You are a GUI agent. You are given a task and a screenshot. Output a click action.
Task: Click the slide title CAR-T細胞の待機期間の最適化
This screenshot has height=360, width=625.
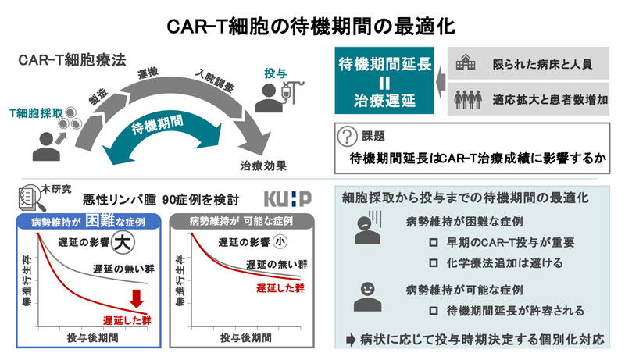pos(312,25)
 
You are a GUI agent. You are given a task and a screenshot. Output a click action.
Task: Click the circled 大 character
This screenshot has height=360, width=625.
pos(120,242)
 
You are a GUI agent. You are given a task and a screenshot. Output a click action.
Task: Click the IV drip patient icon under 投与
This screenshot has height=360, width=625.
pos(272,98)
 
